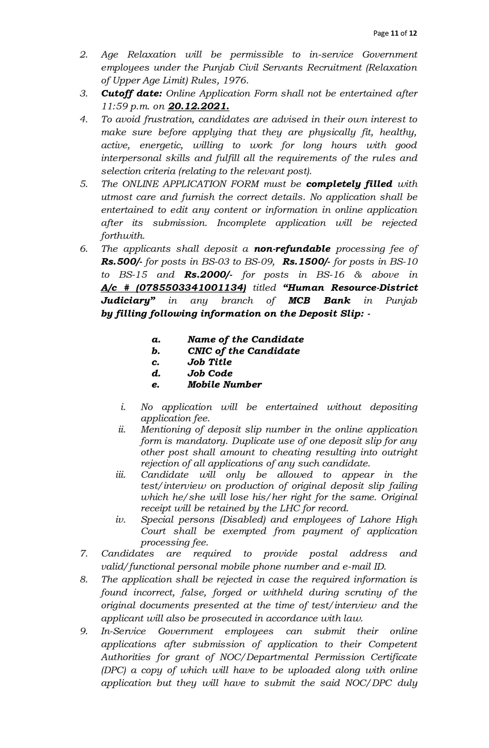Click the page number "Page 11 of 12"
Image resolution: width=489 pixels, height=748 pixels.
tap(395, 33)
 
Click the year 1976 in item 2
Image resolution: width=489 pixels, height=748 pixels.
tap(235, 80)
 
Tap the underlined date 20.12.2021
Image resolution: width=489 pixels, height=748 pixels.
tap(198, 107)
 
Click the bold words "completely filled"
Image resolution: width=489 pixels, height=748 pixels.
tap(349, 184)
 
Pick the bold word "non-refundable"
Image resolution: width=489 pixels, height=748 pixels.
tap(292, 249)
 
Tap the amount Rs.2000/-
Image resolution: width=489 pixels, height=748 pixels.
tap(208, 275)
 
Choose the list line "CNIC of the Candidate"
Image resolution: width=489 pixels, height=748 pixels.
tap(244, 351)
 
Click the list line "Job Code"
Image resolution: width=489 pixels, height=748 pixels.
tap(210, 374)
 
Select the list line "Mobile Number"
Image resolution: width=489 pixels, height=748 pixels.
tap(224, 385)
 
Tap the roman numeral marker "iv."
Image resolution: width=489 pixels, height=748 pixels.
tap(121, 520)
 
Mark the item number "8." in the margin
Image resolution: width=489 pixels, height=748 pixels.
tap(84, 580)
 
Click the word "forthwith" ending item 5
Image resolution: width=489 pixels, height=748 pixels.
tap(122, 236)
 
